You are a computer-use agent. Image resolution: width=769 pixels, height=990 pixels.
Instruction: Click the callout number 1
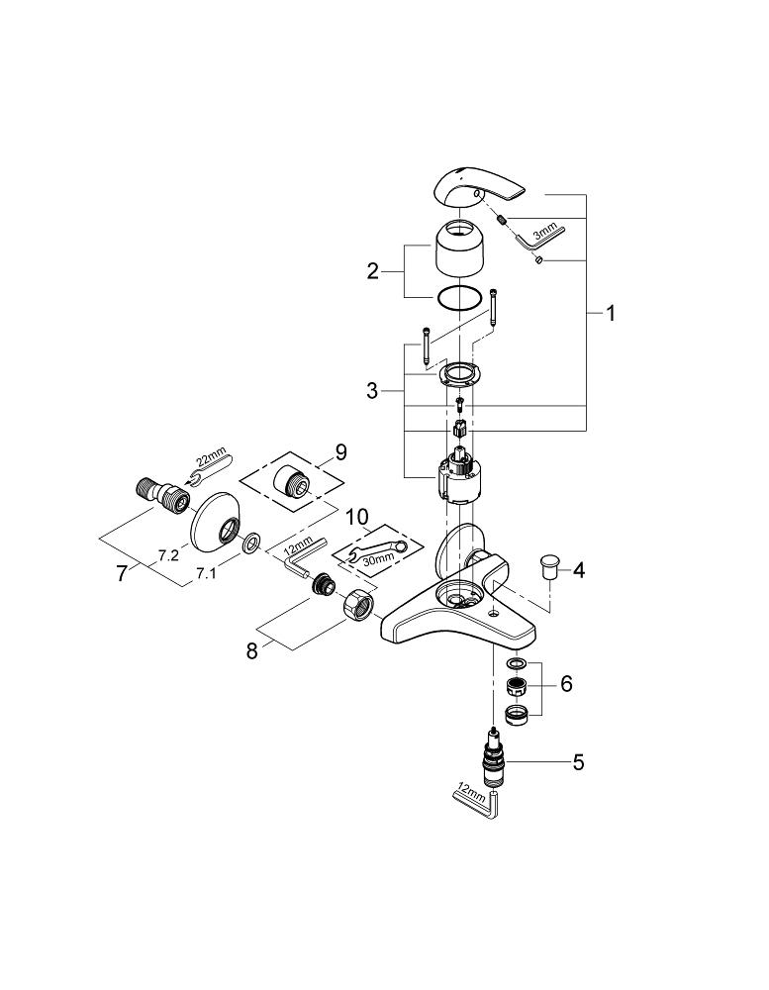click(611, 314)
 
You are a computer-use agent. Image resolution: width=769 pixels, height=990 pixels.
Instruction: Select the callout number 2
click(372, 270)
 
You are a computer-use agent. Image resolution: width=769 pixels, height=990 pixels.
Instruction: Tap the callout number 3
click(372, 391)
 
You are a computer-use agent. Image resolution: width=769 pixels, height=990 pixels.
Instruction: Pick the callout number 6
click(565, 684)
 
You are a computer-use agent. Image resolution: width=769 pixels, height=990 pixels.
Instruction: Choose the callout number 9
click(340, 452)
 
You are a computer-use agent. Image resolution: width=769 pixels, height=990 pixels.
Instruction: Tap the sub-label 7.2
click(167, 556)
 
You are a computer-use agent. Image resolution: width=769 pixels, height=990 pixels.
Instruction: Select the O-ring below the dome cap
click(461, 297)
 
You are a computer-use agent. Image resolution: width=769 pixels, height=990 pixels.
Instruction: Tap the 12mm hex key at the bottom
click(478, 799)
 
